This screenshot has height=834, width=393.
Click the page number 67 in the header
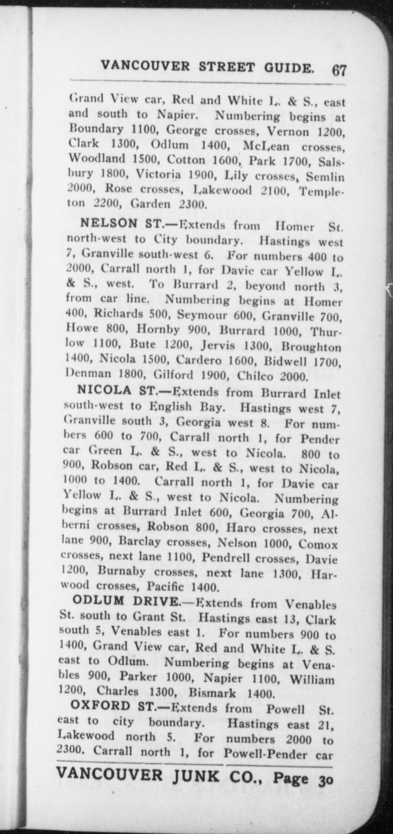click(x=339, y=69)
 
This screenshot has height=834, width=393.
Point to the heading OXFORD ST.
click(x=113, y=706)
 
